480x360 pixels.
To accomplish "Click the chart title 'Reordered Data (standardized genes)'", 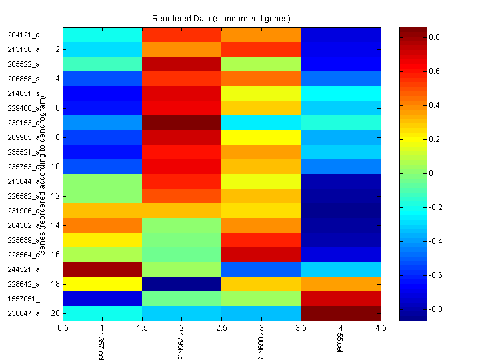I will click(222, 18).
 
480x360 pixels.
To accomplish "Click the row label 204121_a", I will click(23, 35).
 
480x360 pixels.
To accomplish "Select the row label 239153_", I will click(23, 123).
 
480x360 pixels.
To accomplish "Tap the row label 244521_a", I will click(23, 269).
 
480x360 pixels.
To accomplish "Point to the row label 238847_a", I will click(23, 313).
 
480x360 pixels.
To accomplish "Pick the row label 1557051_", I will click(23, 299).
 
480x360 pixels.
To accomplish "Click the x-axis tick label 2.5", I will click(222, 328).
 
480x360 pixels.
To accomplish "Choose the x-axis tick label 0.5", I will click(63, 328).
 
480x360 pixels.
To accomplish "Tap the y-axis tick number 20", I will click(57, 313).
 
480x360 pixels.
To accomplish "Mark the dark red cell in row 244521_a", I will click(103, 269).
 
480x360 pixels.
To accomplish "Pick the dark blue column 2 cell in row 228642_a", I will click(182, 284).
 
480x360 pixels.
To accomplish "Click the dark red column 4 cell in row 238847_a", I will click(341, 313).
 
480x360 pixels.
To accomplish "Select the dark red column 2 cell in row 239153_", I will click(182, 123).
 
